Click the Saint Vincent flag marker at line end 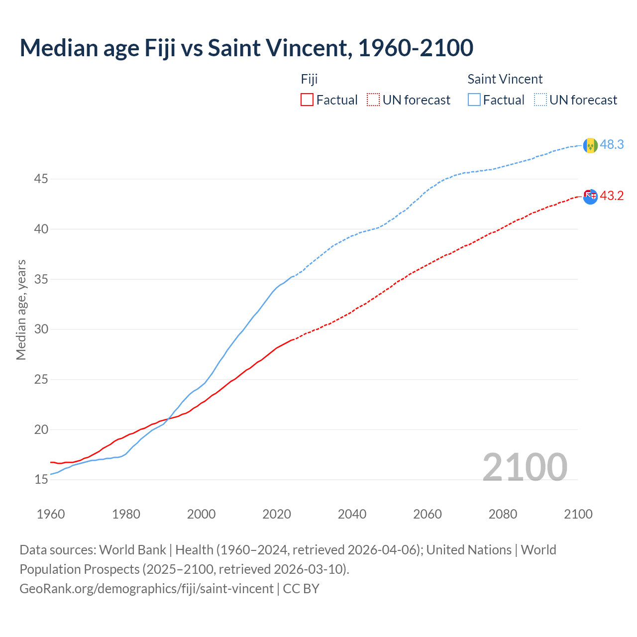click(590, 145)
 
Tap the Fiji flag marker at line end click(590, 197)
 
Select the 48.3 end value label click(612, 144)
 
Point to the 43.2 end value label click(612, 196)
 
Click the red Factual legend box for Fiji click(307, 100)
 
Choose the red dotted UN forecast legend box click(373, 100)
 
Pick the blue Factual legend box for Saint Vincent click(474, 100)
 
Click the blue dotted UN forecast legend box click(540, 100)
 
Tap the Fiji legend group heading click(309, 79)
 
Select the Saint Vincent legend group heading click(505, 79)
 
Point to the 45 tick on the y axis click(41, 179)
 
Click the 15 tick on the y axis click(41, 480)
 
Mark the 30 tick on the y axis click(41, 329)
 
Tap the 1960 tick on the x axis click(51, 514)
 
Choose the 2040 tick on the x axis click(352, 514)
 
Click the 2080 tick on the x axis click(503, 514)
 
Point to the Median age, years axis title click(21, 310)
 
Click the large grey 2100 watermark click(525, 467)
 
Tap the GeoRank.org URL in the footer click(146, 589)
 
